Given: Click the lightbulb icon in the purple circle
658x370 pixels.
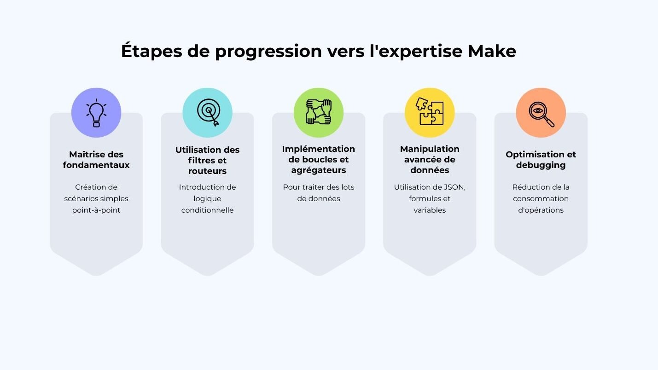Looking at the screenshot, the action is tap(96, 113).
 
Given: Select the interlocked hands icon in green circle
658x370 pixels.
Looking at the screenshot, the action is tap(319, 112).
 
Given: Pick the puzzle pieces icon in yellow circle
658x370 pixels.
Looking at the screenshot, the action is tap(430, 111).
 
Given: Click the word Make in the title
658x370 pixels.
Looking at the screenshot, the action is tap(492, 51).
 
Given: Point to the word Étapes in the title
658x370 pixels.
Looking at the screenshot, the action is tap(151, 51).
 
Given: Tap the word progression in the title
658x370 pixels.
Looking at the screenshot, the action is tap(268, 52).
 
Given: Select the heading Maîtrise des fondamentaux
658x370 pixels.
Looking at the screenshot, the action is tap(96, 160).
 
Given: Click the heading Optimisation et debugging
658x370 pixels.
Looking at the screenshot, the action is tap(541, 160).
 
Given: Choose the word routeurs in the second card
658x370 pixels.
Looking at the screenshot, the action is tap(207, 171).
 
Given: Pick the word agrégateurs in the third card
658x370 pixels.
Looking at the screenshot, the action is tap(319, 170).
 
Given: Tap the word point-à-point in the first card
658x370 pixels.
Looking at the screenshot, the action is tap(96, 210).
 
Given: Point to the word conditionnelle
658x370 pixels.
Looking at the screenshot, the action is tap(207, 210).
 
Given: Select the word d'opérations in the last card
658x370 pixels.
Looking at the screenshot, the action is tap(541, 210).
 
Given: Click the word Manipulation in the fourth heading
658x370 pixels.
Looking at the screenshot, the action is tap(430, 149).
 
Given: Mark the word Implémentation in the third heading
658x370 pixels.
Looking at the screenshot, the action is tap(319, 149).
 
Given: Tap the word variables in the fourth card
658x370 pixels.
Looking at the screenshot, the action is tap(430, 210).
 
